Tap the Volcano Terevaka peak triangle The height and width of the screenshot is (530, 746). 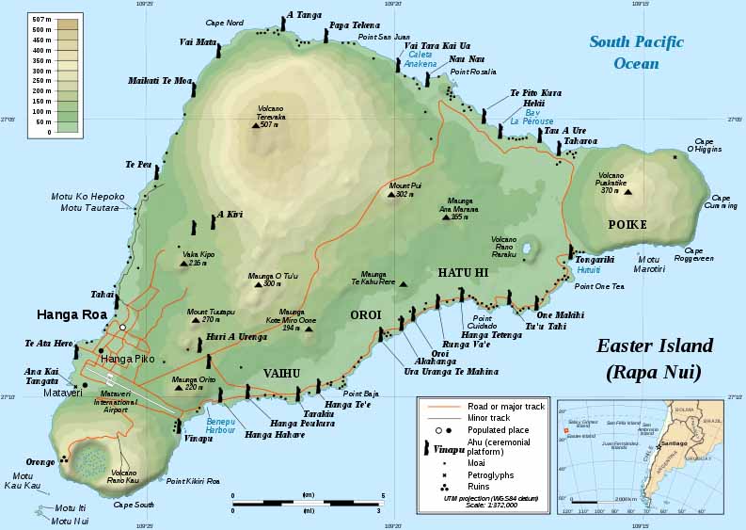[x=256, y=124]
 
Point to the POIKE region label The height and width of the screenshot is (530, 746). [x=627, y=225]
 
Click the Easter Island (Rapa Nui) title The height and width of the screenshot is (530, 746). [x=655, y=359]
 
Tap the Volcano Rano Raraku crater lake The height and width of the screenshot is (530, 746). [x=528, y=250]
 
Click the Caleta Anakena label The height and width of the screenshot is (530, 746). [x=421, y=60]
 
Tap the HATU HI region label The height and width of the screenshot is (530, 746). [x=462, y=272]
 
